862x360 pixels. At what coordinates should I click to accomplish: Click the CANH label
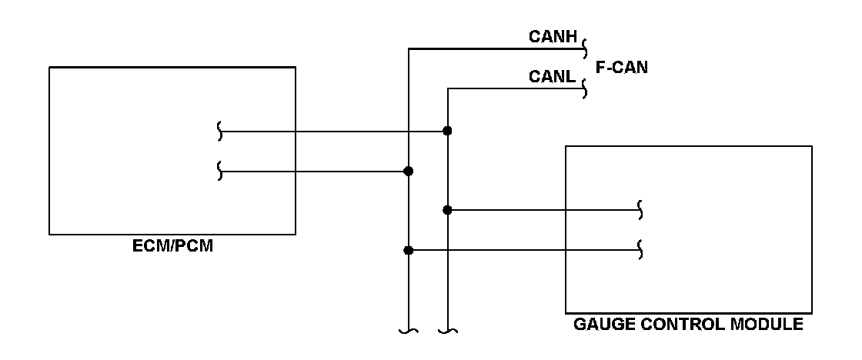click(x=553, y=36)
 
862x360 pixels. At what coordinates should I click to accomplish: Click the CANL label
click(x=552, y=76)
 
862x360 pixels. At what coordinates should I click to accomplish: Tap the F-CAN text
click(x=622, y=67)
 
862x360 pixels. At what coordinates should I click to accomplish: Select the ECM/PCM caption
click(x=172, y=245)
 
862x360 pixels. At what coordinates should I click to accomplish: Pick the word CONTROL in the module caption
click(x=683, y=325)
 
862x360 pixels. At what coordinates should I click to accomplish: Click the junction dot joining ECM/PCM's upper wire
click(x=447, y=131)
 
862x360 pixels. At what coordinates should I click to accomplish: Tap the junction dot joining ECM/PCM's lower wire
click(x=408, y=172)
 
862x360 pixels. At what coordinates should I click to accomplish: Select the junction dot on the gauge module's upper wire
click(x=447, y=210)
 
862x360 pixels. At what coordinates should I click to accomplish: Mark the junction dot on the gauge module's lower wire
click(x=408, y=251)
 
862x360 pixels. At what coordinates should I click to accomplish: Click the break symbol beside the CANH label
click(x=585, y=49)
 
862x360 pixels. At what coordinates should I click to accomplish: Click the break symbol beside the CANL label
click(x=584, y=88)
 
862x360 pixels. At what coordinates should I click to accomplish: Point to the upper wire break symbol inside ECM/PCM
click(x=220, y=132)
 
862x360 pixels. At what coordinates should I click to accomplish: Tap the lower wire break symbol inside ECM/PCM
click(x=220, y=171)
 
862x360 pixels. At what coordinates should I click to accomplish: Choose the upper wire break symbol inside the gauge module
click(x=640, y=210)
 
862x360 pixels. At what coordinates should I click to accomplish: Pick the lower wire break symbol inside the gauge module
click(x=640, y=250)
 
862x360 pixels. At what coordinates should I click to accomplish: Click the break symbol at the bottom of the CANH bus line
click(x=409, y=331)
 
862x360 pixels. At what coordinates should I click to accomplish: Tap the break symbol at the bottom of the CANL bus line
click(x=448, y=331)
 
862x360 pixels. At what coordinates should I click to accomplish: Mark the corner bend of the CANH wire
click(x=409, y=49)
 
